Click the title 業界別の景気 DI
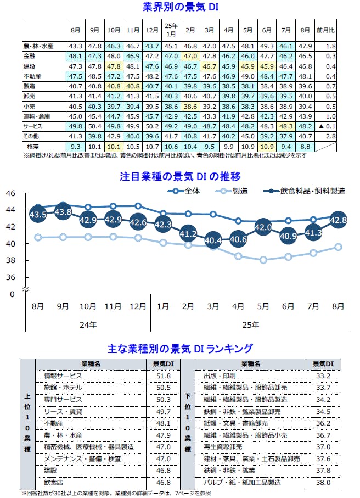[x=181, y=7]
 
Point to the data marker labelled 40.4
[x=213, y=240]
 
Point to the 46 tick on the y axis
[x=11, y=193]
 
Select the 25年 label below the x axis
[x=250, y=325]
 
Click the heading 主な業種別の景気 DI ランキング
[x=181, y=348]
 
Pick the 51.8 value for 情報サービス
[x=164, y=376]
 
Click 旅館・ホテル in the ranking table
[x=62, y=388]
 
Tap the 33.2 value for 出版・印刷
[x=323, y=376]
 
